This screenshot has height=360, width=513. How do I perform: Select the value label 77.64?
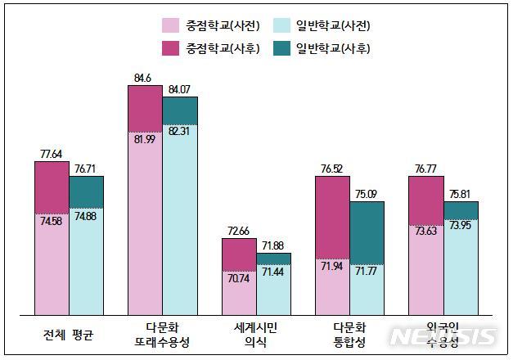[x=52, y=153]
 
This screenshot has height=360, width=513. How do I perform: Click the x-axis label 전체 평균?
[x=69, y=334]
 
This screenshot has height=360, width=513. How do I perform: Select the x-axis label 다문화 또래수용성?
[x=162, y=335]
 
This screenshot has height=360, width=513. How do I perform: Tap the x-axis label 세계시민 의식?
[x=256, y=335]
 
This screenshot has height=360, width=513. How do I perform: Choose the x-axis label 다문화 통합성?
[x=349, y=335]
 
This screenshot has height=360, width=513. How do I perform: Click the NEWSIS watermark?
[x=443, y=336]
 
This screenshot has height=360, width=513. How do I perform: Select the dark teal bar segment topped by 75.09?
[x=367, y=232]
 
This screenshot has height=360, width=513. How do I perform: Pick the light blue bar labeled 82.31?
[x=180, y=219]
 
